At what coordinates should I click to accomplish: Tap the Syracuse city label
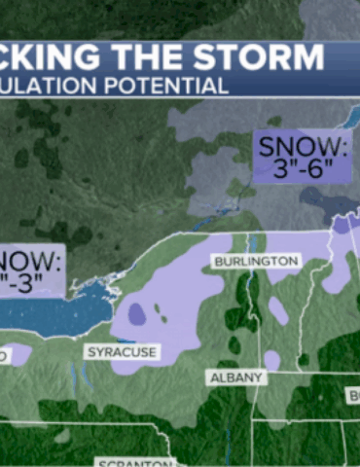coord(122,351)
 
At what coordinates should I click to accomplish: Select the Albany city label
coord(237,377)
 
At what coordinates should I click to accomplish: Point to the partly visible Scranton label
coord(134,461)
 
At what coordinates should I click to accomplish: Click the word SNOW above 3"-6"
coord(302,147)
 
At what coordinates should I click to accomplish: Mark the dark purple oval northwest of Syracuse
coord(137,312)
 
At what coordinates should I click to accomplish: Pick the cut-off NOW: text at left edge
coord(29,261)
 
